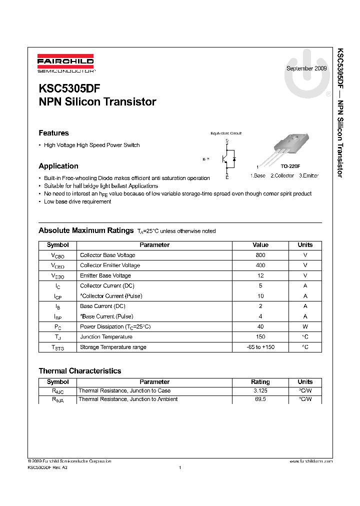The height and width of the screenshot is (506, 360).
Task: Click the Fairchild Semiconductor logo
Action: (x=65, y=63)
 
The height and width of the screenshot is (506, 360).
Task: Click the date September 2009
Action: (x=306, y=68)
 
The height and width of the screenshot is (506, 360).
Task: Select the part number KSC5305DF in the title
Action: (x=69, y=88)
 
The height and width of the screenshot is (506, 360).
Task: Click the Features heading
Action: (x=53, y=133)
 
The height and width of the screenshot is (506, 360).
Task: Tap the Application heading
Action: (x=58, y=166)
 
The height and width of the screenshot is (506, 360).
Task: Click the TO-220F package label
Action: (x=290, y=166)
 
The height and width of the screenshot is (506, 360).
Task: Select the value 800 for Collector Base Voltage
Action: (x=260, y=255)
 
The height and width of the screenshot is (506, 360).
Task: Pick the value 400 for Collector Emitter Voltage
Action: (x=260, y=265)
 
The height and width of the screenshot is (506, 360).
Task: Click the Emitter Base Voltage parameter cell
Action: (x=105, y=275)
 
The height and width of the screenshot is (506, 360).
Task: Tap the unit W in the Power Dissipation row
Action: (x=305, y=326)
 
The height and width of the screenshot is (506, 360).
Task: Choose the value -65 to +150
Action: (x=260, y=347)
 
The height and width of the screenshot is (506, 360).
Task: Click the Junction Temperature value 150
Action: (x=260, y=337)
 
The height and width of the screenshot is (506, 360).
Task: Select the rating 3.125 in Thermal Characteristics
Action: (x=260, y=390)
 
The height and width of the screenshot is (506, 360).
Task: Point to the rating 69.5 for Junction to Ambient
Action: (x=260, y=399)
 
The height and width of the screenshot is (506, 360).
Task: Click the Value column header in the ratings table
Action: (x=260, y=245)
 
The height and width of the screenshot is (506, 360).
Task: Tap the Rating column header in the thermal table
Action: (x=260, y=381)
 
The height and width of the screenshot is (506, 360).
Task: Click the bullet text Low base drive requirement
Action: (x=77, y=201)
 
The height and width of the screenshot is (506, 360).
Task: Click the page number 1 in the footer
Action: (x=179, y=467)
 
